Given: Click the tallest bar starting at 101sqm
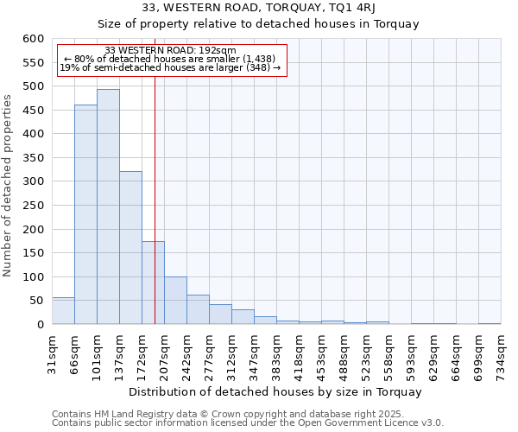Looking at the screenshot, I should (x=108, y=207).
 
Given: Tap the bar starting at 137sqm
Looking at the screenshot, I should (x=130, y=248).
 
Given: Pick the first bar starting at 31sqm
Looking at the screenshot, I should (x=63, y=311).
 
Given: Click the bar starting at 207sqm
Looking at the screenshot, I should (x=175, y=301).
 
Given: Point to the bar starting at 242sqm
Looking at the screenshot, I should (x=198, y=309).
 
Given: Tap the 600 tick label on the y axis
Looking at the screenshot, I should (x=33, y=39).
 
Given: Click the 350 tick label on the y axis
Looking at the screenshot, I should (x=33, y=158).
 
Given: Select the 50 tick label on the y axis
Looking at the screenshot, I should (x=36, y=301).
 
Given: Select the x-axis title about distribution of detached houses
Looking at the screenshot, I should (x=275, y=391).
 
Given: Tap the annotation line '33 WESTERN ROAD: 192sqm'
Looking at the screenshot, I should (x=169, y=50).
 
